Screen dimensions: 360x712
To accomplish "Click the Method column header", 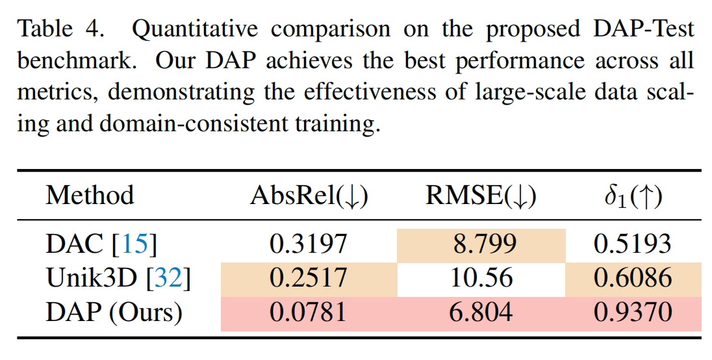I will (x=90, y=196).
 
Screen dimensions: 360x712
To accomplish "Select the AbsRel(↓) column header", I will (x=309, y=196).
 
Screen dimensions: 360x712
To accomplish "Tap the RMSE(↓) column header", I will (x=481, y=196).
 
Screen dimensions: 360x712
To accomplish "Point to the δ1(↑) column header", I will (x=632, y=196).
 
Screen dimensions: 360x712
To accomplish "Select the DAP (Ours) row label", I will (x=114, y=313).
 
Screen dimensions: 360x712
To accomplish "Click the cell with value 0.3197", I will (x=309, y=244).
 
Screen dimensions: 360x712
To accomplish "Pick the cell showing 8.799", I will (x=481, y=244).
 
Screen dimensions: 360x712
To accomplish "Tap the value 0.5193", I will (x=632, y=244).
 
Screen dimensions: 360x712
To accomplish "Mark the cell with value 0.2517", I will (x=309, y=279).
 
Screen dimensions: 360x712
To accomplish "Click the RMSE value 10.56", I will (x=481, y=279).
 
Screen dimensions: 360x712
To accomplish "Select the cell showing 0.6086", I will (x=632, y=279).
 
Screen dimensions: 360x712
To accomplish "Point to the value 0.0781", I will (x=309, y=313).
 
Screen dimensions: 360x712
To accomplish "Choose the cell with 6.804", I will (x=481, y=313).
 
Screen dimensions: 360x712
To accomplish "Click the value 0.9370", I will (x=632, y=313).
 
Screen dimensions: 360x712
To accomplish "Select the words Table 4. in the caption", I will (x=65, y=29).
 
